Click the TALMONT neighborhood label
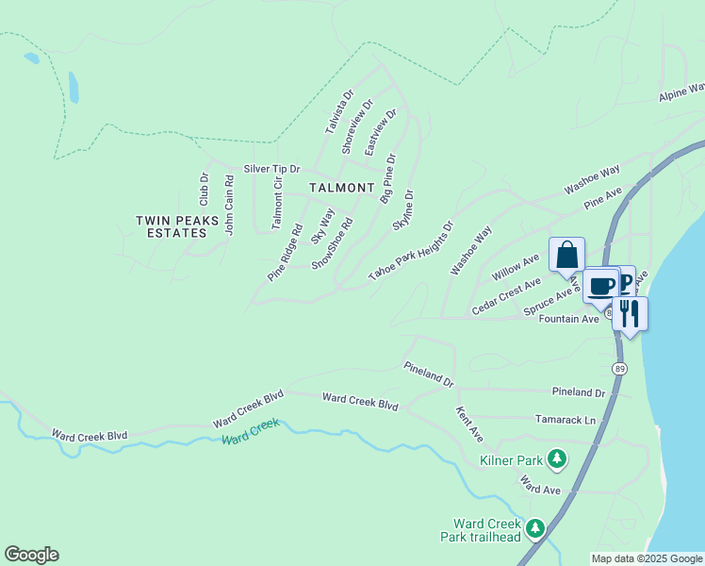click(x=341, y=188)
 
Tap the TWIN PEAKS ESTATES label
click(x=171, y=226)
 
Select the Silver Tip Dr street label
click(x=271, y=169)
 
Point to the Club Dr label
click(x=203, y=189)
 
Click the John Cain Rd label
click(x=228, y=204)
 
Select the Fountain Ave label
click(x=568, y=320)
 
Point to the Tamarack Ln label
click(x=566, y=420)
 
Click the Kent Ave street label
click(x=468, y=425)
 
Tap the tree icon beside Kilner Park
click(x=557, y=459)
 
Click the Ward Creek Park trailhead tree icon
click(x=535, y=528)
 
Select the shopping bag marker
click(x=566, y=255)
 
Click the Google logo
click(x=31, y=555)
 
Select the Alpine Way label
click(x=682, y=92)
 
